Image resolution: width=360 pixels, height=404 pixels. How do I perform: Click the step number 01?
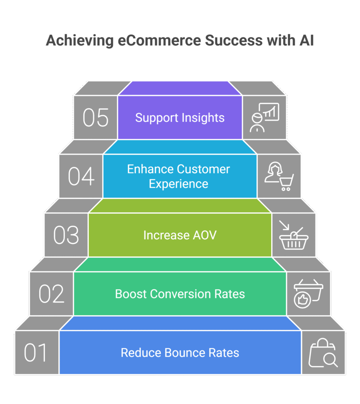(36, 353)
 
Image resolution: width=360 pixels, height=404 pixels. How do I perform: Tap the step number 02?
(51, 294)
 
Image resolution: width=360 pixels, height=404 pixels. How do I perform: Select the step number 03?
(66, 235)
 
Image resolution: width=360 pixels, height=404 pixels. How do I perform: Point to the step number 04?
(81, 176)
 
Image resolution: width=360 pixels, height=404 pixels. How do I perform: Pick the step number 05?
(96, 118)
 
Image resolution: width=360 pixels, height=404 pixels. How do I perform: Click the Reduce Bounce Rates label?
(180, 352)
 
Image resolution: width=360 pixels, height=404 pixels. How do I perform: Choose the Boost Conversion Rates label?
(180, 294)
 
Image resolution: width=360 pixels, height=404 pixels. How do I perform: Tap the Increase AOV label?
(180, 235)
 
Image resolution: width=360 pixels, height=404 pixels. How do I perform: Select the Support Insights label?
(180, 118)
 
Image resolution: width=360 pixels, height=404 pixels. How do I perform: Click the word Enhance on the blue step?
(150, 169)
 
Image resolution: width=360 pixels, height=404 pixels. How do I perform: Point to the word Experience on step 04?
(178, 184)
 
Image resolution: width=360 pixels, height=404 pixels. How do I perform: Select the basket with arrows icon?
(293, 236)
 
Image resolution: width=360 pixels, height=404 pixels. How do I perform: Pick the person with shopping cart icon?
(279, 177)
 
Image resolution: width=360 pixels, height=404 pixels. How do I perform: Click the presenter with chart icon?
(264, 118)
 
